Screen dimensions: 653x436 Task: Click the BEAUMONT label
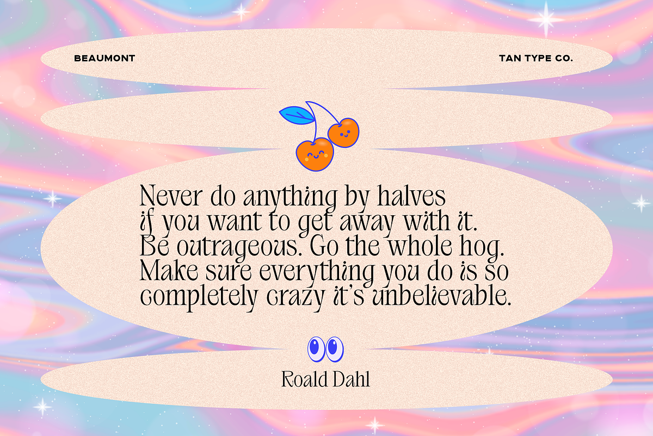(x=104, y=58)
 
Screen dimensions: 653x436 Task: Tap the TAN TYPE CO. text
(x=536, y=58)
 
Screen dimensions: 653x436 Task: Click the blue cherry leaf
(x=297, y=115)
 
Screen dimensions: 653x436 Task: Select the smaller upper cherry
(x=343, y=133)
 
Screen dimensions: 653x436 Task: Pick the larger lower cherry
(x=315, y=154)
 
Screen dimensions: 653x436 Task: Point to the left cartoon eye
(x=316, y=349)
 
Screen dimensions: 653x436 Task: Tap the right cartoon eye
(x=334, y=349)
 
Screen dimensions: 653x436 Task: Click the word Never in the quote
(x=171, y=196)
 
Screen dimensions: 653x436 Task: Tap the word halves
(x=411, y=196)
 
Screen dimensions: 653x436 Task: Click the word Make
(x=169, y=270)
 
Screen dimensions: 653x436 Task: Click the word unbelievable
(x=442, y=295)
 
